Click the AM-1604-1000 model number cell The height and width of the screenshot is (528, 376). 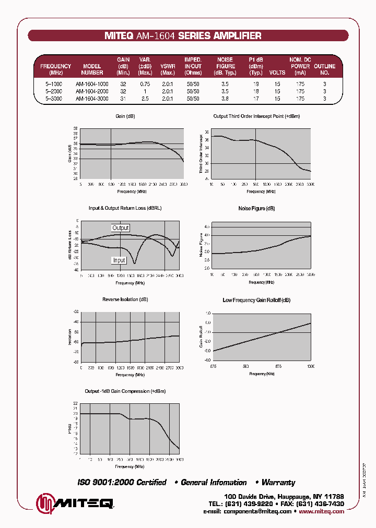pos(92,84)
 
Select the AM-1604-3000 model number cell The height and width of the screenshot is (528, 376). pos(92,98)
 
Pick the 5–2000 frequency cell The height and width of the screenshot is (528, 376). pos(54,91)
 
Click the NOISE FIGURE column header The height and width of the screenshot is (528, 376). pos(225,66)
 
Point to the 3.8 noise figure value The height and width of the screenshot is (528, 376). pos(225,98)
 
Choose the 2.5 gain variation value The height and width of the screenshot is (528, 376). pos(145,98)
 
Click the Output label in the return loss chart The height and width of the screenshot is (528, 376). pos(121,228)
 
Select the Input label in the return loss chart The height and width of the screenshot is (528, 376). pos(119,260)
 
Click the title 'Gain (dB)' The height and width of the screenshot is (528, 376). pos(125,116)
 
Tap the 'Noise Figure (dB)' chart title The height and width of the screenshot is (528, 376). pos(256,208)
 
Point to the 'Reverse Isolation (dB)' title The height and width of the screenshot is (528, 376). pos(125,299)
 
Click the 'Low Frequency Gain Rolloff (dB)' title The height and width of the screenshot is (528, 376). pos(256,300)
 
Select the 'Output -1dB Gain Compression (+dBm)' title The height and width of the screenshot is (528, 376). pos(125,391)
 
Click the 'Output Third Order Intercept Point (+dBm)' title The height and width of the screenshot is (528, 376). pos(256,116)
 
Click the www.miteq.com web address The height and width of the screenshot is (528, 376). pos(322,512)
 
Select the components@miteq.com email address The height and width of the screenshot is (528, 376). pos(257,512)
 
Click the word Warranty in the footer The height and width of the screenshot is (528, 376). pos(278,483)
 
